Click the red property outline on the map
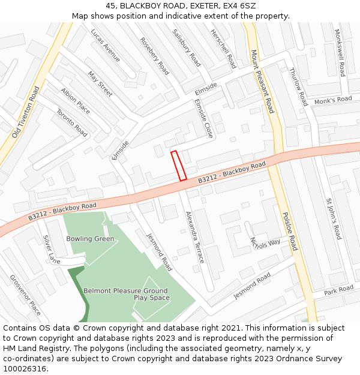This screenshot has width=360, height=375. click(x=178, y=166)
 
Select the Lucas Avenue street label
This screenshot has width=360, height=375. click(x=106, y=45)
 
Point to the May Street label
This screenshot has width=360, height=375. click(x=100, y=84)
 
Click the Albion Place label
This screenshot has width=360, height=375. click(x=75, y=101)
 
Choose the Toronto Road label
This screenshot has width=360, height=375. click(x=72, y=122)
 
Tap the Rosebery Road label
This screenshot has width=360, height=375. click(x=154, y=56)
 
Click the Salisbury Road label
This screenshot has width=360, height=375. click(x=186, y=47)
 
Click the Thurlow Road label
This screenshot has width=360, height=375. click(x=298, y=87)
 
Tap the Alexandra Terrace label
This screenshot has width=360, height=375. click(x=194, y=237)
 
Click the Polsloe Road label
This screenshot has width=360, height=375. click(x=289, y=230)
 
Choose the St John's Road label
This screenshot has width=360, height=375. click(x=334, y=218)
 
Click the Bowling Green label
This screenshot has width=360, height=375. click(x=90, y=239)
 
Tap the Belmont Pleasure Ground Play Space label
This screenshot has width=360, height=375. click(x=125, y=294)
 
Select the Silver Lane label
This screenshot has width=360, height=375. click(x=52, y=249)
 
